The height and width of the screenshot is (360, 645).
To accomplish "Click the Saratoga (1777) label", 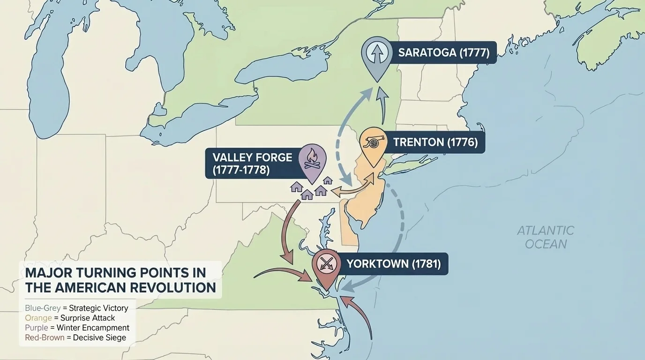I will [x=443, y=52].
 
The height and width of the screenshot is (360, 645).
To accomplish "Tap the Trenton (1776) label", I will [x=435, y=142].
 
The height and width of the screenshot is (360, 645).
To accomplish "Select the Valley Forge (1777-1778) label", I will [x=252, y=163].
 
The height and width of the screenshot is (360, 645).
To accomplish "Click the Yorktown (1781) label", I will [x=393, y=264].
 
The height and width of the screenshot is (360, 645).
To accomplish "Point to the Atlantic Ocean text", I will [x=546, y=237].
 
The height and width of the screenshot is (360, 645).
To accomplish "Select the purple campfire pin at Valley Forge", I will [x=312, y=162].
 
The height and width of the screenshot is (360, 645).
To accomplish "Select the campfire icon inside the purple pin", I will [x=312, y=158].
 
